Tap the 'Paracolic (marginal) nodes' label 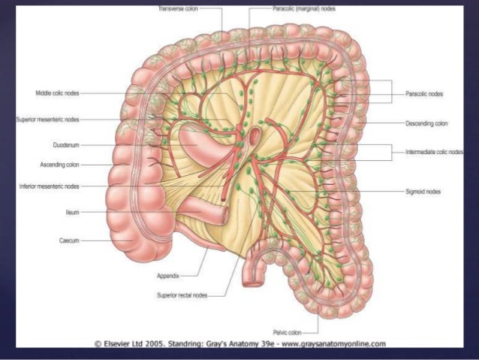tap(303, 9)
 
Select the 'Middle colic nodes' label tap(57, 93)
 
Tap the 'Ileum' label tap(72, 213)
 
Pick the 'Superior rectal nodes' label tap(181, 295)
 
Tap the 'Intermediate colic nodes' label tap(433, 152)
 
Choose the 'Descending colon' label tap(426, 123)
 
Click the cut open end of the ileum tap(224, 216)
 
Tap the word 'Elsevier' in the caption tap(121, 343)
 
